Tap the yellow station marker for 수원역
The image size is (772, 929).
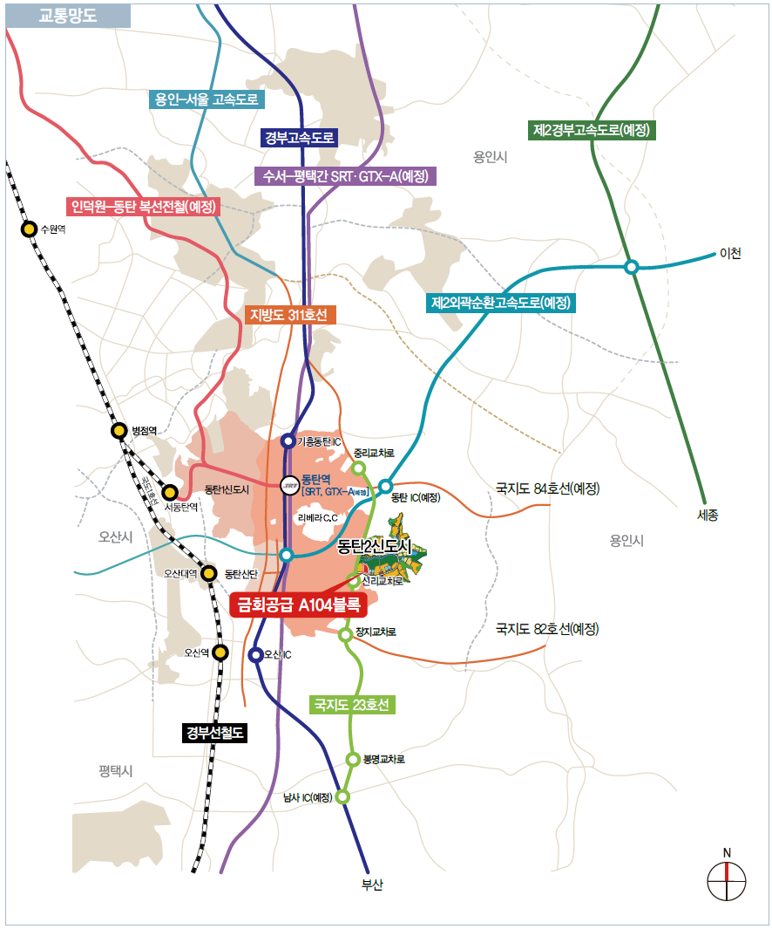pyautogui.click(x=29, y=229)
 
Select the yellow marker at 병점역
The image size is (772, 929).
pyautogui.click(x=119, y=430)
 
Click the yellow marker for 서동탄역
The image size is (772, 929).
pyautogui.click(x=170, y=493)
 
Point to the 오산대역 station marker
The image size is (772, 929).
pyautogui.click(x=209, y=573)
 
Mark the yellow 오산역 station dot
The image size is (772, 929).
pyautogui.click(x=220, y=652)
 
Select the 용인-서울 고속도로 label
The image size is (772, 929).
pyautogui.click(x=207, y=99)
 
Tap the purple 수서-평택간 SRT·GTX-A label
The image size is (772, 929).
pyautogui.click(x=346, y=175)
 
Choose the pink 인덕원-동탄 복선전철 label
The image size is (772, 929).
pyautogui.click(x=144, y=207)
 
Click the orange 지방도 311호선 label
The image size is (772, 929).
pyautogui.click(x=288, y=315)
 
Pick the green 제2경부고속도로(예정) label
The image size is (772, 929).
pyautogui.click(x=593, y=130)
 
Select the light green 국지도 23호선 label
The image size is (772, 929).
pyautogui.click(x=352, y=705)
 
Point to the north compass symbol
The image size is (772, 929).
pyautogui.click(x=727, y=880)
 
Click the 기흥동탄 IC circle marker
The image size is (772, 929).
pyautogui.click(x=288, y=441)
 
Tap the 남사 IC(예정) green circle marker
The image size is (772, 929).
pyautogui.click(x=342, y=796)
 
